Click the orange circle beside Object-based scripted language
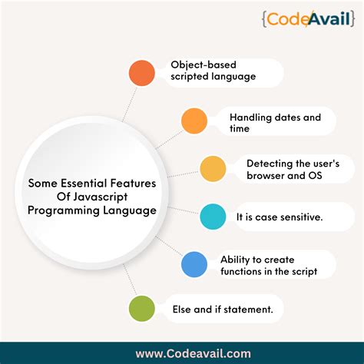click(x=141, y=73)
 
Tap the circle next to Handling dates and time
click(x=194, y=121)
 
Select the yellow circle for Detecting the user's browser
click(x=212, y=170)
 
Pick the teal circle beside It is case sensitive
click(x=212, y=217)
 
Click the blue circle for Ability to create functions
click(x=194, y=265)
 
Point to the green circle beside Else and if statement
click(x=141, y=309)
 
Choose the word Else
click(x=187, y=309)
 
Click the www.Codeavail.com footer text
click(x=183, y=354)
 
